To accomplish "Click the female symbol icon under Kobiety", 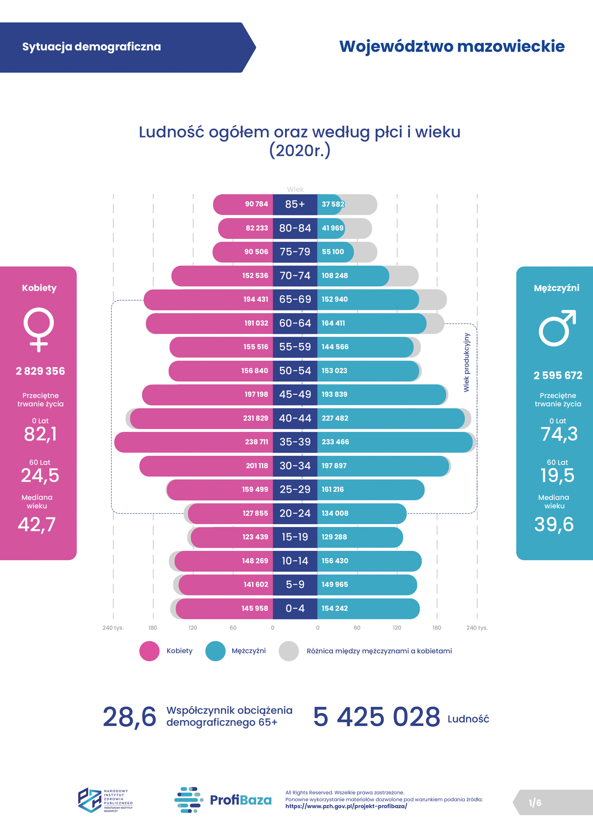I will pyautogui.click(x=39, y=329).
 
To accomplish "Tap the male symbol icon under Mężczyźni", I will pyautogui.click(x=557, y=328).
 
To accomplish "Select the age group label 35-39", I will pyautogui.click(x=295, y=442).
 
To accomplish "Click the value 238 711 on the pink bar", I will pyautogui.click(x=256, y=442).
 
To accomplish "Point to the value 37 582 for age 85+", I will pyautogui.click(x=333, y=204).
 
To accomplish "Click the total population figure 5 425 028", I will pyautogui.click(x=376, y=717).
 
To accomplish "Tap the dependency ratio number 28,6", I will pyautogui.click(x=129, y=717).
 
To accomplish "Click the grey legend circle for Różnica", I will pyautogui.click(x=289, y=651).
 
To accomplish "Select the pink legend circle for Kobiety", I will pyautogui.click(x=149, y=651).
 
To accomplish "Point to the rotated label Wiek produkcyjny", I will pyautogui.click(x=466, y=362).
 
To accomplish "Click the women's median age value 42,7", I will pyautogui.click(x=36, y=525).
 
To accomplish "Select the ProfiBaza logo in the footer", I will pyautogui.click(x=223, y=800).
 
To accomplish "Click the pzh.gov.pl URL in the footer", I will pyautogui.click(x=346, y=806).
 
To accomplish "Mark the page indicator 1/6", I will pyautogui.click(x=535, y=803).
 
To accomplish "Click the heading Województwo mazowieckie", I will pyautogui.click(x=452, y=47).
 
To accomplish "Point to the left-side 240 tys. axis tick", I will pyautogui.click(x=113, y=628).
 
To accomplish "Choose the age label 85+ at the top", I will pyautogui.click(x=295, y=204).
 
